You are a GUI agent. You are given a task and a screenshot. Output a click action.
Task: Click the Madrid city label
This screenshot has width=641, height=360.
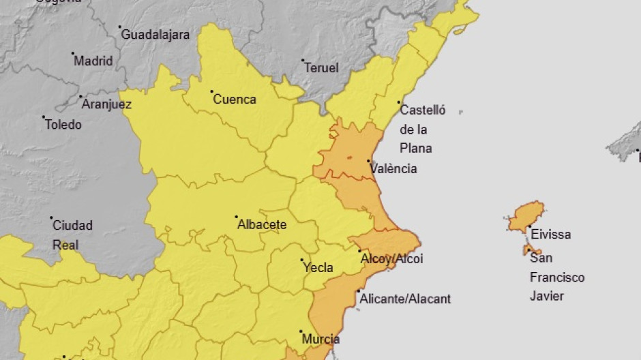[93, 61]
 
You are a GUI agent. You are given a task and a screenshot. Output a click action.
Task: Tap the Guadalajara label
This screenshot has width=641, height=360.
[155, 33]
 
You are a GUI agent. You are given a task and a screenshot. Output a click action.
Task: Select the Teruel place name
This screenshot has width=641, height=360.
[321, 67]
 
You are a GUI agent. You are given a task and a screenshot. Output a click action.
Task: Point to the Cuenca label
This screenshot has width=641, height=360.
[235, 99]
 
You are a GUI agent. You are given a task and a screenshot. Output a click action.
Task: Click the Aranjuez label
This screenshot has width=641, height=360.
[106, 104]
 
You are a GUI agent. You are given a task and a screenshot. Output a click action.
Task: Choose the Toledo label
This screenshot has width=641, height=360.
[63, 124]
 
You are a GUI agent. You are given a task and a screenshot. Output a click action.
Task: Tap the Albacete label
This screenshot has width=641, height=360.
[262, 224]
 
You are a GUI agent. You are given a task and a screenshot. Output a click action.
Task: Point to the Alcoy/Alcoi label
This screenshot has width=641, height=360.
[391, 258]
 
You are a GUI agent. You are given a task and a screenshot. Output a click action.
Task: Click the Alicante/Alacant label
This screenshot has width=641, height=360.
[405, 299]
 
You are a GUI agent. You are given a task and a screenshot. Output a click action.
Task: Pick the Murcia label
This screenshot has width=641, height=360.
[322, 339]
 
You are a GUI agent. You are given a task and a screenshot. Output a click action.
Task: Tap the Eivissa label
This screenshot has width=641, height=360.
[550, 234]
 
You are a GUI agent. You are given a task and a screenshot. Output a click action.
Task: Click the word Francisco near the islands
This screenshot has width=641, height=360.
[557, 277]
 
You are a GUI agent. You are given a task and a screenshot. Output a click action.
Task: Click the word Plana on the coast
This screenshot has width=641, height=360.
[415, 148]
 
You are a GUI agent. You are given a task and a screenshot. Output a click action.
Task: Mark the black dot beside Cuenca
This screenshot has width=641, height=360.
[211, 91]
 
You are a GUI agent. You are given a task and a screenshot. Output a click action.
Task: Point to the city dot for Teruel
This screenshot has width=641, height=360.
[302, 61]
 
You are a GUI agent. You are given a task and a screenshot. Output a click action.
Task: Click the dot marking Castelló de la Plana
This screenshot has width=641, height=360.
[399, 103]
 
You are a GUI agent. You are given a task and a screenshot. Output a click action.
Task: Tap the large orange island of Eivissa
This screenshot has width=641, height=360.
[526, 216]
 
